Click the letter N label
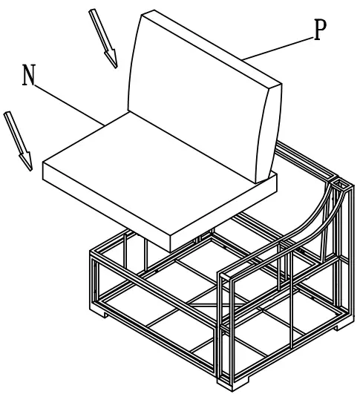(x=28, y=75)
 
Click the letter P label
(x=319, y=30)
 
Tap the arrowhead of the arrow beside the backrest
(x=112, y=59)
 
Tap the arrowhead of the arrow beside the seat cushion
(x=27, y=161)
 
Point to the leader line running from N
(x=69, y=105)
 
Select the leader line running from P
(x=278, y=49)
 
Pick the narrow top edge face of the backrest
(x=211, y=47)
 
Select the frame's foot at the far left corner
(x=99, y=312)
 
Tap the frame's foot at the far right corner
(x=343, y=326)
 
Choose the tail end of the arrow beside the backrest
(x=92, y=11)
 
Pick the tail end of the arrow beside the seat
(x=7, y=114)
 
